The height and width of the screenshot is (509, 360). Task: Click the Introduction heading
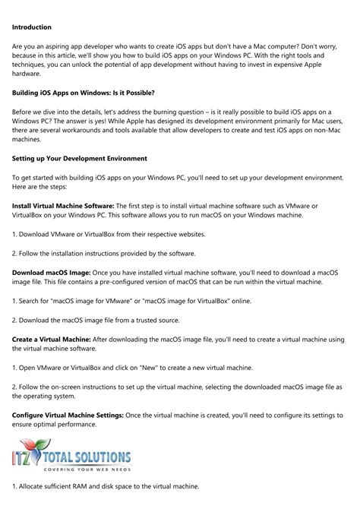35,26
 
